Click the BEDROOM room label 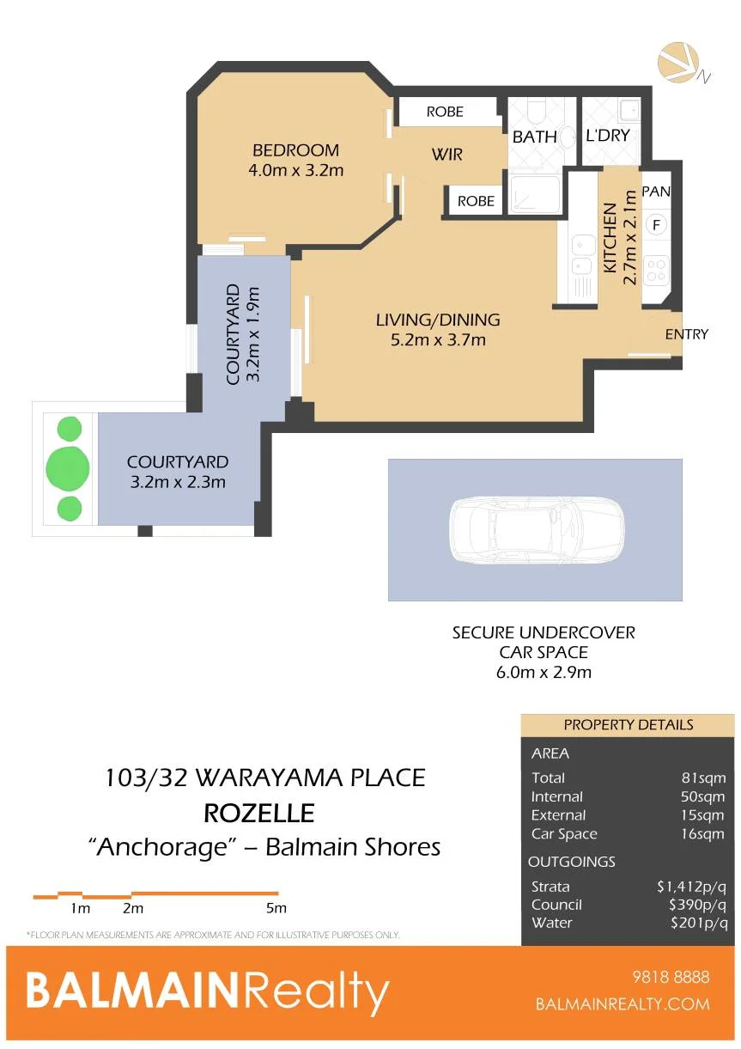click(295, 150)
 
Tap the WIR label click(447, 154)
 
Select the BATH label click(534, 137)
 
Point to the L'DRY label click(608, 136)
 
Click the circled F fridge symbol click(656, 225)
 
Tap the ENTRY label click(687, 334)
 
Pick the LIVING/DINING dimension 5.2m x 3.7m click(438, 339)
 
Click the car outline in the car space click(537, 529)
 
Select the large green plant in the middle click(68, 468)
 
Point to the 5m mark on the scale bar click(276, 908)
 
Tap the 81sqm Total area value click(703, 778)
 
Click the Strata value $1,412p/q click(692, 887)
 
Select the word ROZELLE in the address click(258, 813)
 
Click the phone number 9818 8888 click(671, 977)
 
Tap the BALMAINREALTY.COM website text click(623, 1004)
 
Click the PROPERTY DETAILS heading click(629, 724)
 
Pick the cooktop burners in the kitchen click(656, 271)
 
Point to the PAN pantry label click(656, 191)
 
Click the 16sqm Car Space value click(702, 834)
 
